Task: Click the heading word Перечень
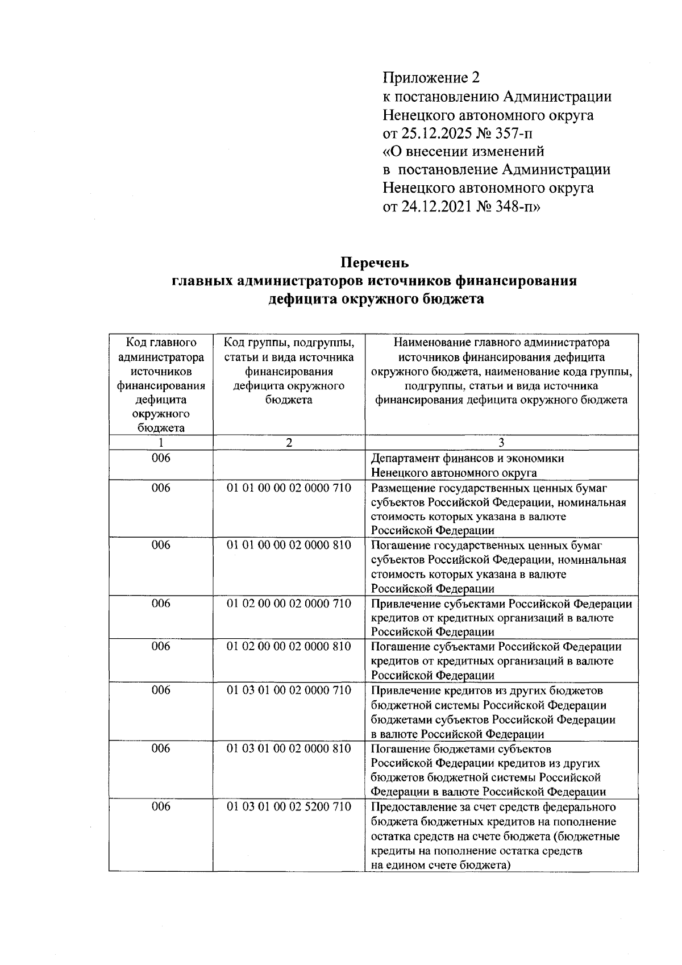click(375, 263)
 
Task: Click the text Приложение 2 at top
click(431, 77)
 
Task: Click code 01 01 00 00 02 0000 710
click(289, 488)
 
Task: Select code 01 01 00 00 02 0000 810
click(289, 545)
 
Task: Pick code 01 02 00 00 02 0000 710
click(289, 603)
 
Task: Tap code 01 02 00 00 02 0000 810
click(289, 646)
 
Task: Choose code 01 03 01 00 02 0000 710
click(289, 690)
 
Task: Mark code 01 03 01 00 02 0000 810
click(289, 748)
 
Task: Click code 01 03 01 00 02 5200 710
click(289, 806)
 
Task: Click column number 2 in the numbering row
click(289, 443)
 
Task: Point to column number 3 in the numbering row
click(501, 443)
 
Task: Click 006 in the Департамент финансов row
click(161, 458)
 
